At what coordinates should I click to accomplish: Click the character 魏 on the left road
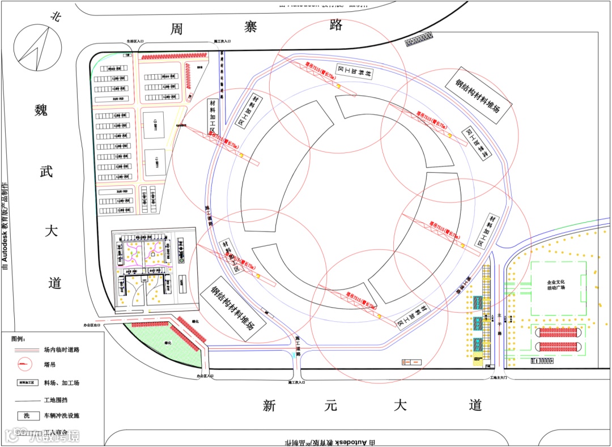pos(41,110)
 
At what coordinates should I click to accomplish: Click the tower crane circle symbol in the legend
pos(24,364)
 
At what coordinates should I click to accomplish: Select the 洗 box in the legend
pos(26,415)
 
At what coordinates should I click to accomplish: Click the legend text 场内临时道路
pos(61,350)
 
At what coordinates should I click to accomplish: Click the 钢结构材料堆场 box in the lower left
pos(232,308)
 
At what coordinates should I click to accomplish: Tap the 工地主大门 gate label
pos(501,377)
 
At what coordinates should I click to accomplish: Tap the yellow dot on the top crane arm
pos(338,86)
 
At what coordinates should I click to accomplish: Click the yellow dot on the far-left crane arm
pos(240,155)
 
